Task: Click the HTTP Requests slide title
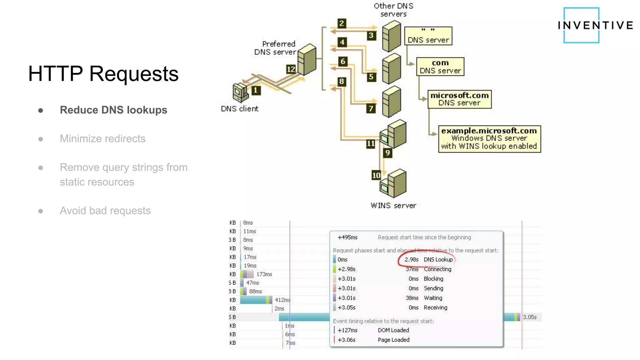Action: click(x=103, y=74)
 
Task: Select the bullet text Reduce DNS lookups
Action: click(x=113, y=110)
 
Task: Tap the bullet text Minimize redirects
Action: click(x=102, y=139)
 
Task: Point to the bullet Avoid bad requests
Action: click(x=105, y=211)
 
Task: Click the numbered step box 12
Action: click(x=291, y=69)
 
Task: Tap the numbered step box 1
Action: click(x=256, y=90)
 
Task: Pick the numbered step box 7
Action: click(x=371, y=108)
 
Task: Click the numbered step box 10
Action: click(x=376, y=175)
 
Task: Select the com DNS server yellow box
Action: click(x=440, y=67)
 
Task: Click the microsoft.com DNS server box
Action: click(x=459, y=99)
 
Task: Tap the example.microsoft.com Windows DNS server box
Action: click(x=489, y=139)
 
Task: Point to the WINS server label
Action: click(x=393, y=206)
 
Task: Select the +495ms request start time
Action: click(x=347, y=237)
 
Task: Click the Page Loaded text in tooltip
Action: click(x=393, y=340)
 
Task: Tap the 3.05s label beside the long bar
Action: click(x=530, y=317)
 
